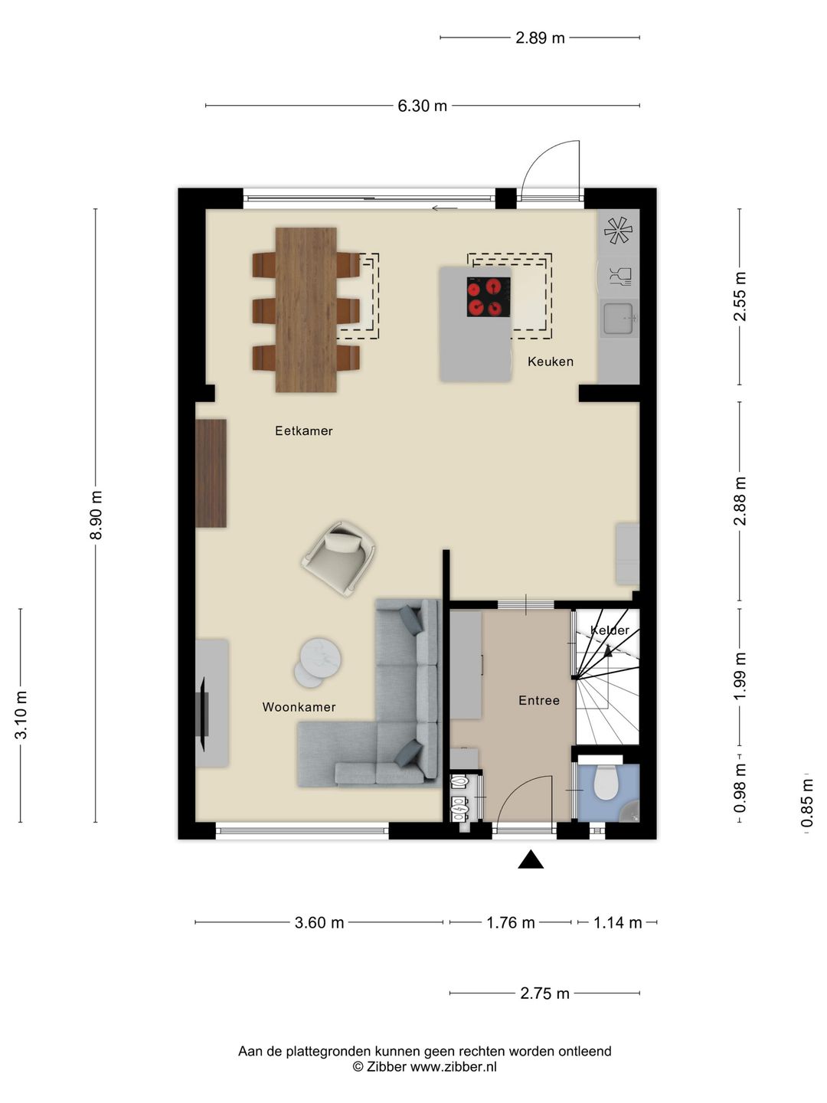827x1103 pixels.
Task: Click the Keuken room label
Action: pos(551,362)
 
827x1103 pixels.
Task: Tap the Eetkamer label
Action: pos(304,430)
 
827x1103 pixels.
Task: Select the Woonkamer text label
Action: pos(299,707)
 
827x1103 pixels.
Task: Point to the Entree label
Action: pos(539,701)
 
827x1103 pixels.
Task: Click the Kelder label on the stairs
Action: pos(610,630)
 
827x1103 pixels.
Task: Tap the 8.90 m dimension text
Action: pos(96,515)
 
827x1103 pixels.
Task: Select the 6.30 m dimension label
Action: pos(422,106)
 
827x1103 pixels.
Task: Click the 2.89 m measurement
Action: pos(540,38)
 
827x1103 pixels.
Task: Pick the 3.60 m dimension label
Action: pos(319,922)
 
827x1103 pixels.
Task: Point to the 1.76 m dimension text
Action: pos(511,922)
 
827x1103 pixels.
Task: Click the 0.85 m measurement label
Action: pos(806,803)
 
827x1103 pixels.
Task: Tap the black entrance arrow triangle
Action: pos(531,859)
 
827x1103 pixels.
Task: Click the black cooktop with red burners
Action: pos(489,297)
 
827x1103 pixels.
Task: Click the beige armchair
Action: pos(339,559)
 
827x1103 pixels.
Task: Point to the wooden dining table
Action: pos(306,310)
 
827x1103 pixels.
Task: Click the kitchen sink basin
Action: pos(618,318)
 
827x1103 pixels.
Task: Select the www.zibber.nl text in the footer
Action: pos(453,1067)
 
